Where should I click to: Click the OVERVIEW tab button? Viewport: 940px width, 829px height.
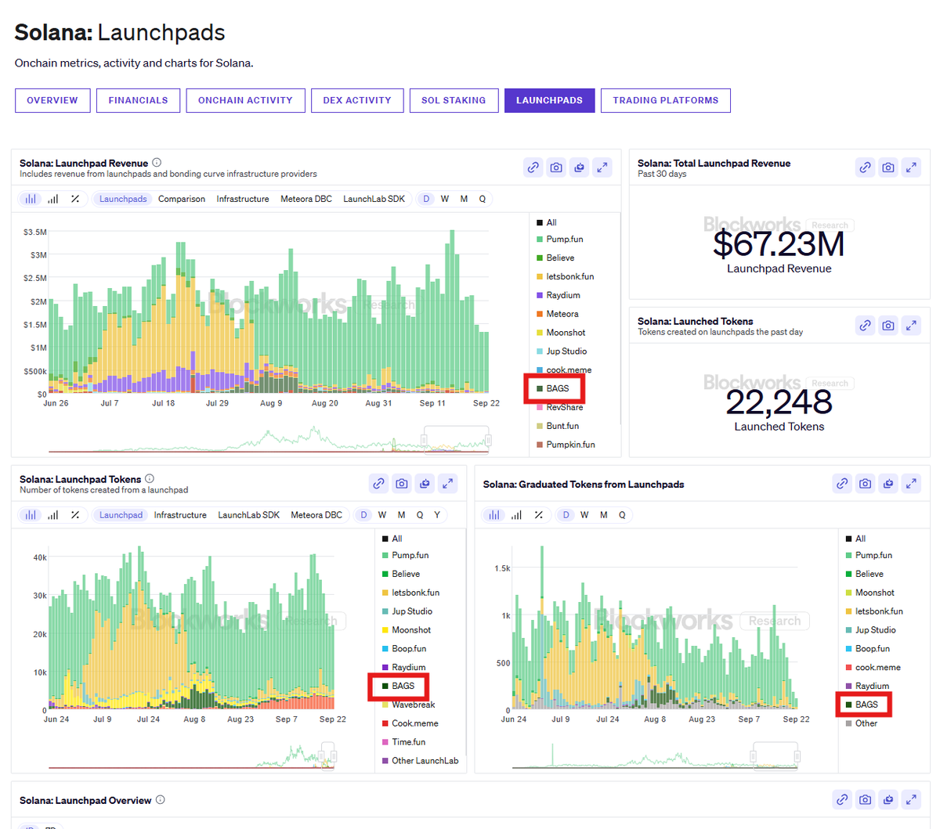click(x=52, y=100)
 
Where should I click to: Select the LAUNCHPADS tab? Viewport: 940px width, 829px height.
click(x=549, y=100)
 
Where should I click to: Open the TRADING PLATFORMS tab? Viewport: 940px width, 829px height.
click(x=665, y=100)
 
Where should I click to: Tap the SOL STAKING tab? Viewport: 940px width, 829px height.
click(x=454, y=100)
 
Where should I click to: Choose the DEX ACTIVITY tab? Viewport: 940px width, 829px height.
click(x=357, y=100)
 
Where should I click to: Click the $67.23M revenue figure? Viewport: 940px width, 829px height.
click(x=779, y=244)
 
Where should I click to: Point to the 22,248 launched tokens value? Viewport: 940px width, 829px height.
click(x=779, y=402)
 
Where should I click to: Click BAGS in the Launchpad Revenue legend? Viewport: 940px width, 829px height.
click(x=558, y=388)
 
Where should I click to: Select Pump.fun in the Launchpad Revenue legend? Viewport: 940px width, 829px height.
click(x=564, y=240)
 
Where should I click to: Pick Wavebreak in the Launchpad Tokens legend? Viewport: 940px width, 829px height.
click(x=413, y=705)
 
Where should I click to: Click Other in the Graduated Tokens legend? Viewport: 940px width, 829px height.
click(x=866, y=723)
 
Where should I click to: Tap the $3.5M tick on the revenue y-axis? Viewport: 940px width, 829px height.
click(x=35, y=232)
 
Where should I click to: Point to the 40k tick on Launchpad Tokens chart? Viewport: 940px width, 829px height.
click(x=40, y=557)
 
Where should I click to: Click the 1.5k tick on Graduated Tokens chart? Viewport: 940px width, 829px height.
click(x=502, y=568)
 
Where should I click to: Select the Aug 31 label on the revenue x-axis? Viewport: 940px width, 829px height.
click(x=378, y=403)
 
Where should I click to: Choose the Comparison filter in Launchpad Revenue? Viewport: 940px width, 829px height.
click(x=182, y=199)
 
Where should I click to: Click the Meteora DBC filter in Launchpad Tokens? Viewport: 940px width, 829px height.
click(x=316, y=515)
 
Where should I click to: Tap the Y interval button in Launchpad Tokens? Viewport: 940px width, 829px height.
click(x=437, y=515)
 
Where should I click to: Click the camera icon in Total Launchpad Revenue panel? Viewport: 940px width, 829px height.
click(x=888, y=167)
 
